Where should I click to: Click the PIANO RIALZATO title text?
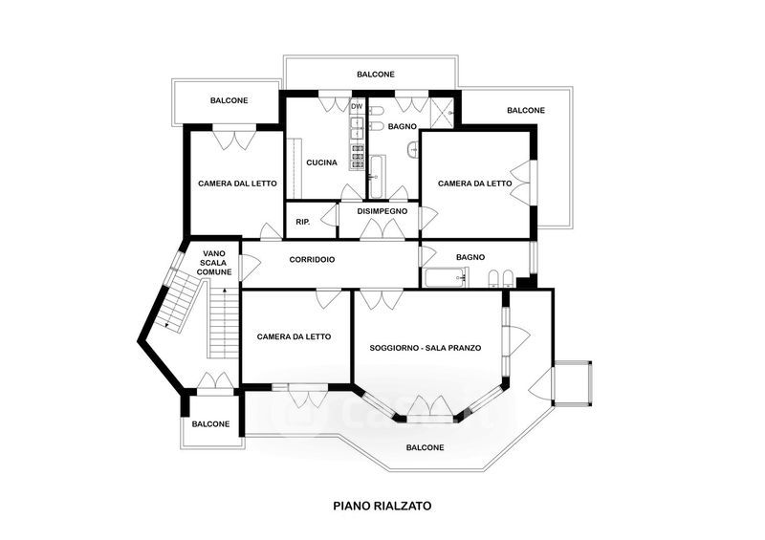coord(382,506)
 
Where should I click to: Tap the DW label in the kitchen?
coord(357,106)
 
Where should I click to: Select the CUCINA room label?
coord(321,162)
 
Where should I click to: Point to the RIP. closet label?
coord(303,222)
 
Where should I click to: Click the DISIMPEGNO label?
coord(382,211)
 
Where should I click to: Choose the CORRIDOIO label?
coord(312,260)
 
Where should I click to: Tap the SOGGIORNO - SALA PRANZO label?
coord(426,348)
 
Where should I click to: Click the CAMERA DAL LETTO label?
coord(237,184)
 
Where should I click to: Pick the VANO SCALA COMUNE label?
coord(217,263)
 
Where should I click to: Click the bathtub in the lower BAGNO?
coord(446,278)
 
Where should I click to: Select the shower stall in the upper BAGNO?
coord(442,113)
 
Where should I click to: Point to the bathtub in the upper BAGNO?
coord(377,176)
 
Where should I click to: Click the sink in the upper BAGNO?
coord(413,149)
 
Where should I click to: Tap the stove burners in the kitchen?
coord(357,157)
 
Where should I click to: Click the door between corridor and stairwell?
coord(249,266)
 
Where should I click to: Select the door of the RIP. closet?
coord(331,215)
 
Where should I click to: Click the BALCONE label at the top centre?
coord(375,75)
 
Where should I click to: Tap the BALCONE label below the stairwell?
coord(210,424)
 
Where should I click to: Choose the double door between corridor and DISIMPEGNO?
coord(382,229)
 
